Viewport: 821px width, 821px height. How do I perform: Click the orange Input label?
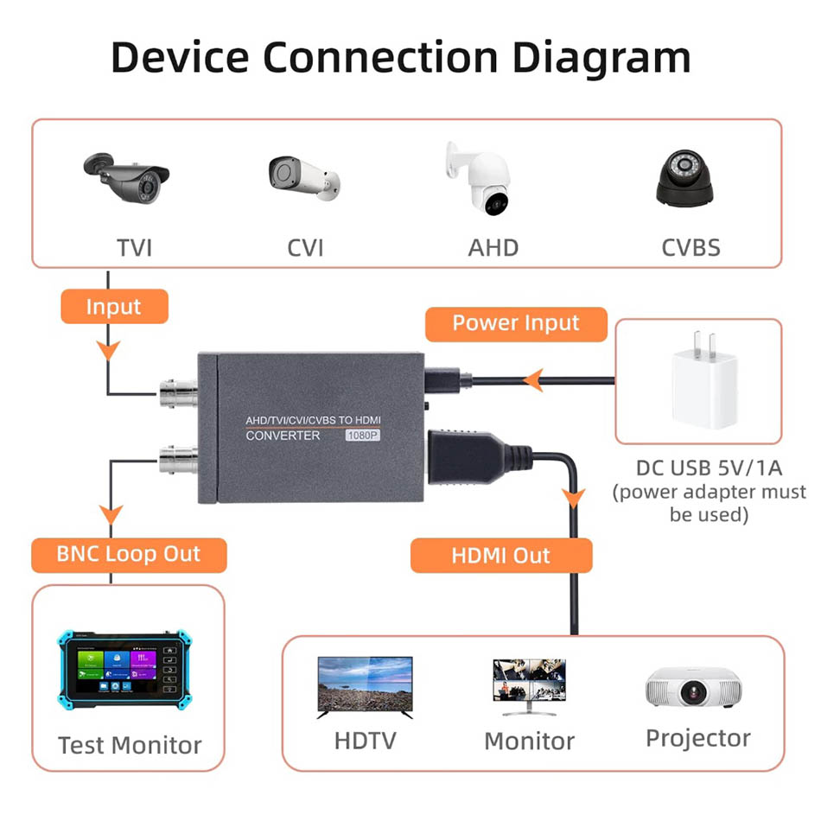[x=113, y=307]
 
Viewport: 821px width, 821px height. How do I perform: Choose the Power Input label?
[x=516, y=323]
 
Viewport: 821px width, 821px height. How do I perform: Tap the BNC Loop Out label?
[x=128, y=554]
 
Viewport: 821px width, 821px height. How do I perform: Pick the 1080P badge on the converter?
[x=363, y=436]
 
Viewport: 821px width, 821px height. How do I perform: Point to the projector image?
[x=696, y=689]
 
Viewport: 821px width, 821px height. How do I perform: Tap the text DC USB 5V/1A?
[x=709, y=468]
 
